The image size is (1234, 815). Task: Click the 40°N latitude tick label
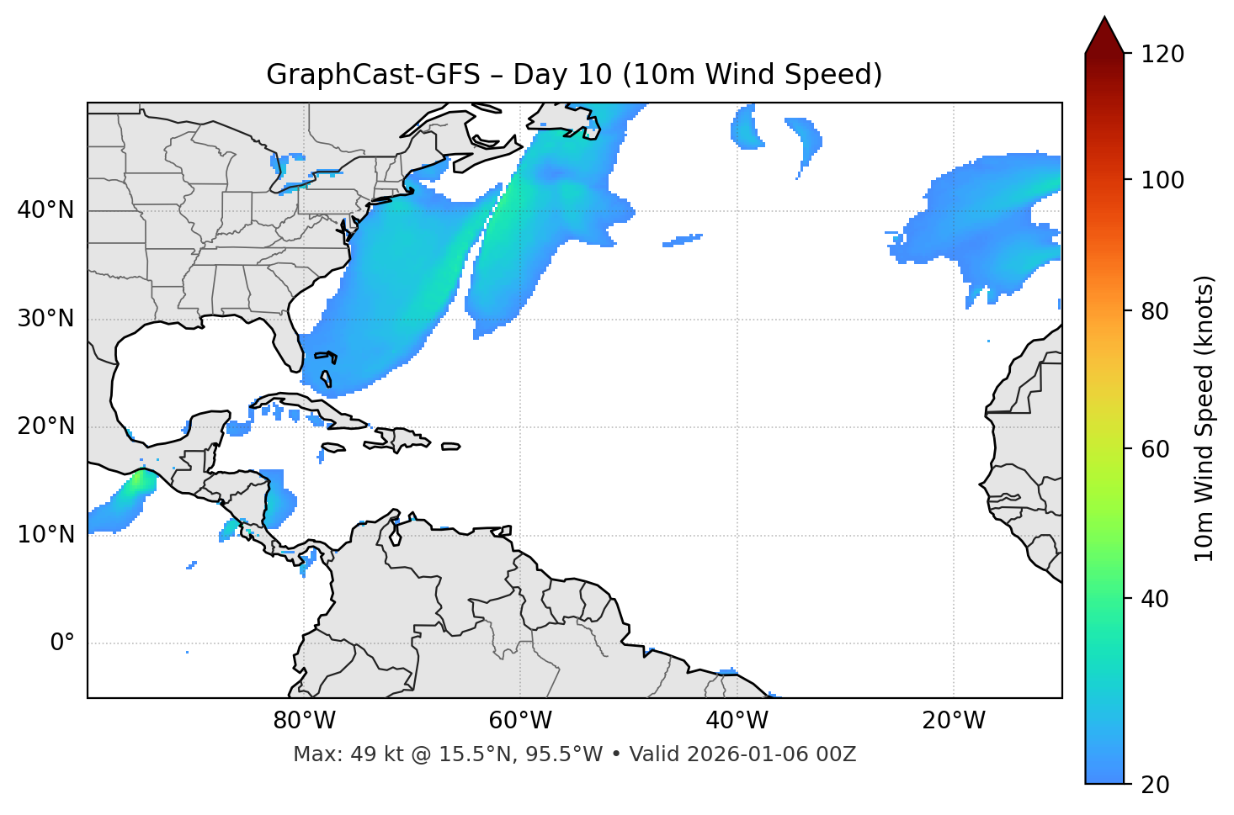[x=45, y=210]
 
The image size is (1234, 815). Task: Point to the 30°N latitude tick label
[x=45, y=319]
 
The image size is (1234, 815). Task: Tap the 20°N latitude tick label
[x=45, y=426]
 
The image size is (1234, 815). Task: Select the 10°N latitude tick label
[x=45, y=535]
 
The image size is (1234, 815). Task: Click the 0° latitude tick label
[x=62, y=643]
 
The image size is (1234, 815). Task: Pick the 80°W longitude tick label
[x=304, y=721]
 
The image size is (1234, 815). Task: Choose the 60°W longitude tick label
[x=520, y=721]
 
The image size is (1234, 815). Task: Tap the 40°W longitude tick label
[x=737, y=721]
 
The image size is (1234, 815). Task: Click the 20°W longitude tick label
[x=954, y=721]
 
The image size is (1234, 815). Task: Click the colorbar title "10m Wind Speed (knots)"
[x=1205, y=418]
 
